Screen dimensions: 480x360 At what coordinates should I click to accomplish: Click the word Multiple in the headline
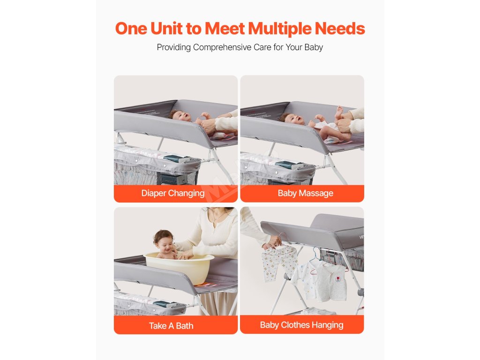click(x=279, y=29)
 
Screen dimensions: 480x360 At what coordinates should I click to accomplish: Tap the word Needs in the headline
click(x=340, y=29)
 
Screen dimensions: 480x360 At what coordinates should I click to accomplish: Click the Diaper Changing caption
click(x=173, y=194)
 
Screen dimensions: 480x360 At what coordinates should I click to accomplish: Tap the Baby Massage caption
click(x=306, y=193)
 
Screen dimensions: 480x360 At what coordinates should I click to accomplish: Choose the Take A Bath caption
click(x=171, y=326)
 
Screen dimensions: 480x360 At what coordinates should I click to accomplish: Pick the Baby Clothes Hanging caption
click(x=301, y=325)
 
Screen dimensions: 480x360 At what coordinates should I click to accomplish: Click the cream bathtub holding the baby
click(x=179, y=267)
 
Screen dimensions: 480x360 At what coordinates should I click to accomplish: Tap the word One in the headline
click(x=131, y=29)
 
